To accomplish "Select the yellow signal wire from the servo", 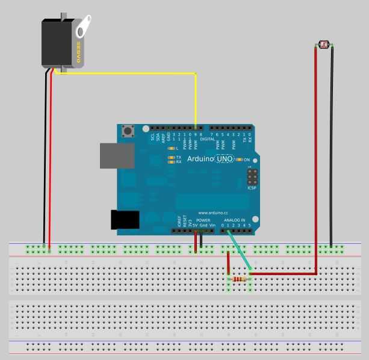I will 138,73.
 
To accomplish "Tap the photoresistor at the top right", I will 324,45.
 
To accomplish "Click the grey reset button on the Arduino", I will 128,131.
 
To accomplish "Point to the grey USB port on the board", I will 116,155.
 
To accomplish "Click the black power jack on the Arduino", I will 125,220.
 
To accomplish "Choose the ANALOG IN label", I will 235,220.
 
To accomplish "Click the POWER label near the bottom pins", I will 203,220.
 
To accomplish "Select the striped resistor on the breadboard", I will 239,279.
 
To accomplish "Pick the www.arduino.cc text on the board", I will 213,212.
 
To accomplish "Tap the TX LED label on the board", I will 178,157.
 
